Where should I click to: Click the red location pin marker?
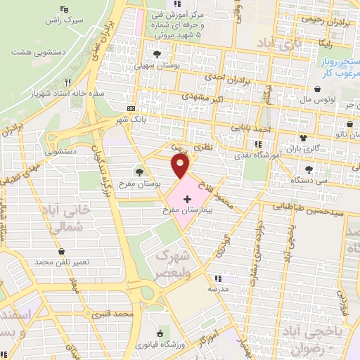click(x=181, y=166)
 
